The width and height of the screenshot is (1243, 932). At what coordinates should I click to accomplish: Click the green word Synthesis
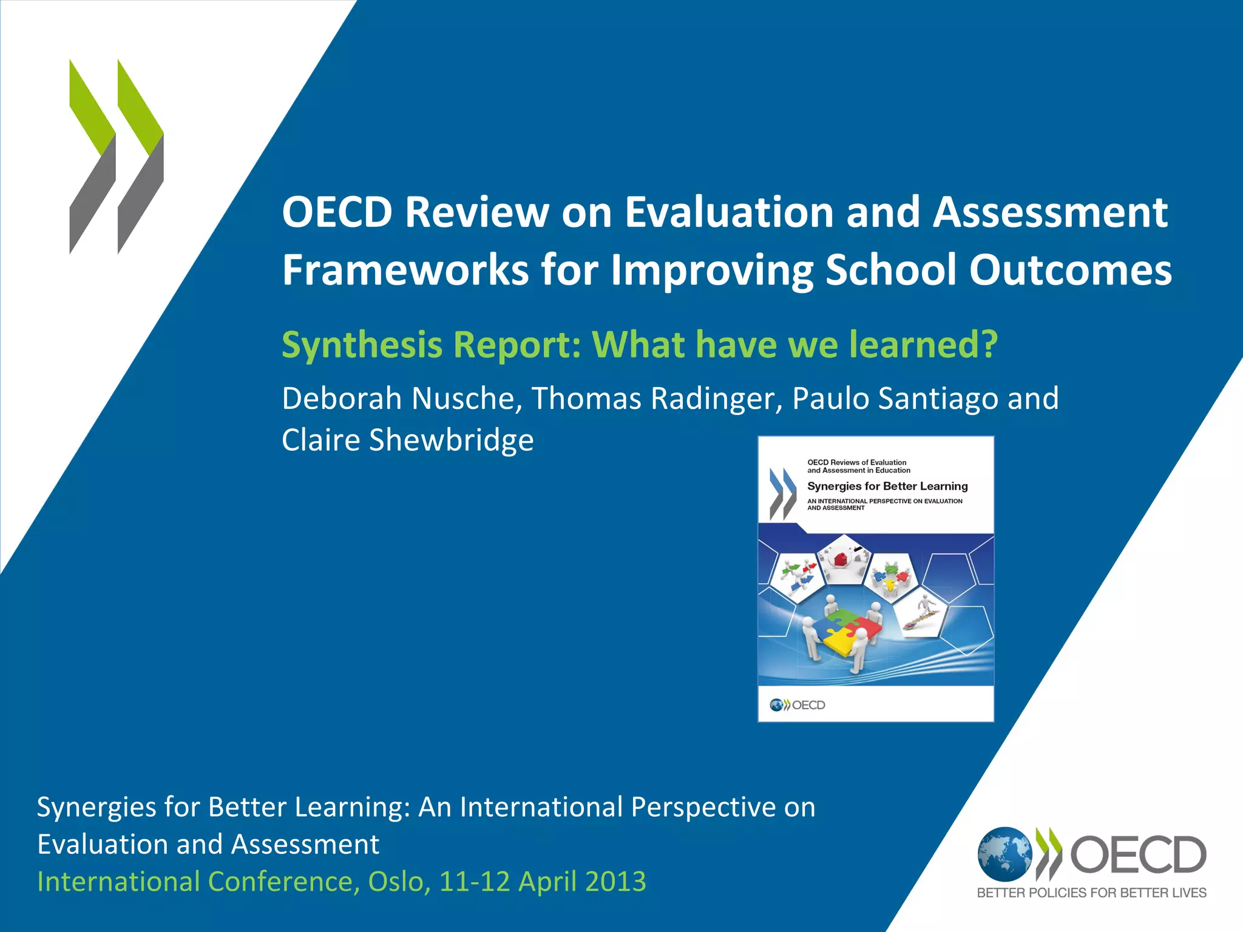[362, 344]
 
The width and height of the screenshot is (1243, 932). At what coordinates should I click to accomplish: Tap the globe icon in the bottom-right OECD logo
[1004, 854]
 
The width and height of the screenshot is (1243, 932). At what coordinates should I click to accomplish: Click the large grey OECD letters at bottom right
[1138, 854]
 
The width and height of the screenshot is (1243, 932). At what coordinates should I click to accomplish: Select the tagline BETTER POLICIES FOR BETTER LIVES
[1091, 893]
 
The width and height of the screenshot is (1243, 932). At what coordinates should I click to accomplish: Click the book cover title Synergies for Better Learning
[887, 486]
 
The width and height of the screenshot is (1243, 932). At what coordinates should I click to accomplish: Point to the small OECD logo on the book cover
[798, 705]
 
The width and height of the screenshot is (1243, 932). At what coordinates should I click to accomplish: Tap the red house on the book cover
[841, 559]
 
